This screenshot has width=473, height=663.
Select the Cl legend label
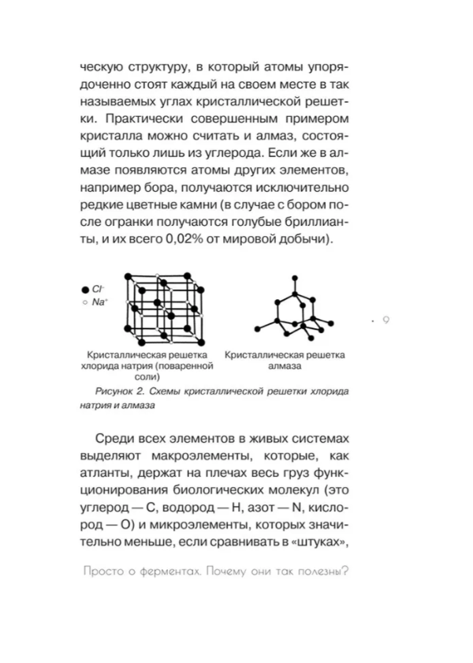coord(98,290)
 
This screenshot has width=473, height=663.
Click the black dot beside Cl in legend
coord(84,290)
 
